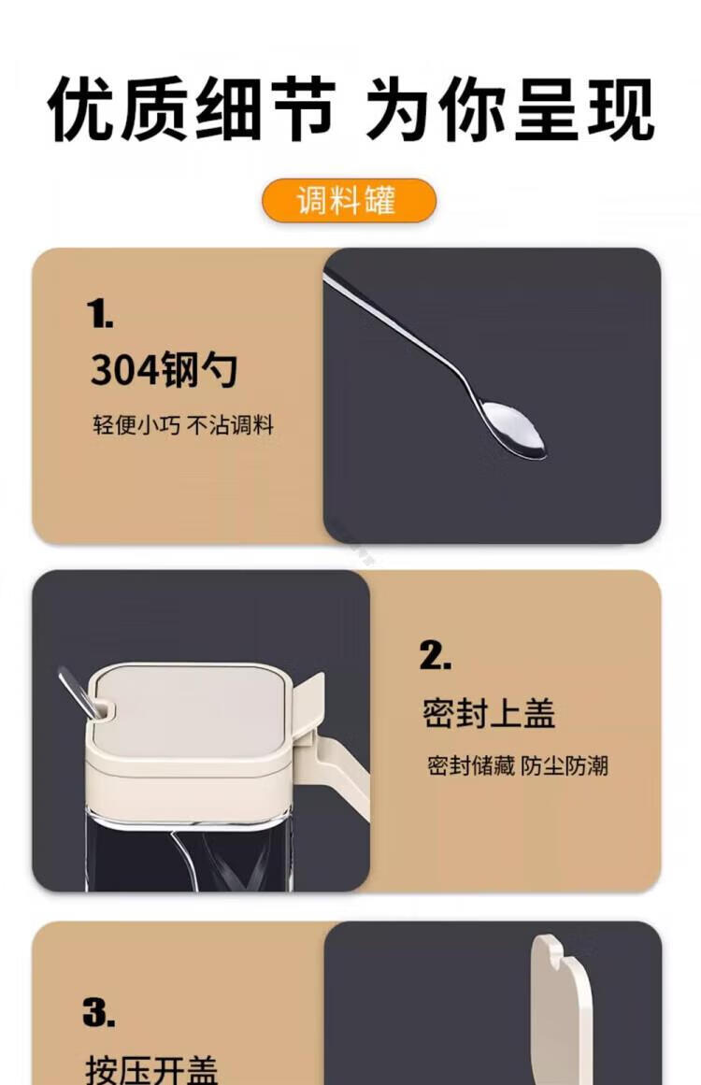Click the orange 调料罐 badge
[x=349, y=201]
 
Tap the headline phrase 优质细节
[x=192, y=109]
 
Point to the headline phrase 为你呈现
[x=510, y=109]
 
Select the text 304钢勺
[x=164, y=369]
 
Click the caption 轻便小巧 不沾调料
[x=183, y=425]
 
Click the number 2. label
[x=436, y=654]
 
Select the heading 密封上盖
[x=489, y=713]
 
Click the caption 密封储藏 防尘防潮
[x=518, y=766]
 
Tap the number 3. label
[x=99, y=1012]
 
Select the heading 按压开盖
[x=151, y=1069]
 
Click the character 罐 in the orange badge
[x=381, y=201]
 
